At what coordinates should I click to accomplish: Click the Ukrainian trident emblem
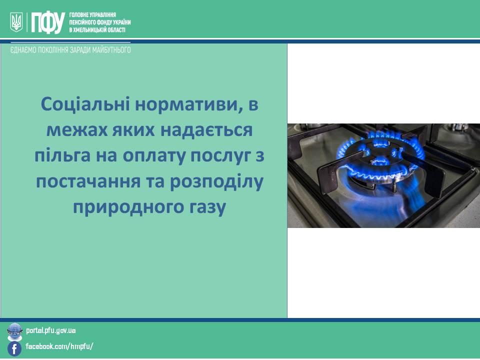(x=16, y=22)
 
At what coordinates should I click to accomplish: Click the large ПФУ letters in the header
(x=48, y=22)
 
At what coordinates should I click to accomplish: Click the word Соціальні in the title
(x=85, y=104)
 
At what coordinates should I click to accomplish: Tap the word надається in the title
(x=206, y=130)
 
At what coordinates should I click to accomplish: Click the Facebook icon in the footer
(x=14, y=349)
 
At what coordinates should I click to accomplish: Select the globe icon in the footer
(x=14, y=331)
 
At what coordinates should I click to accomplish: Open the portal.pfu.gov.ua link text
(x=51, y=330)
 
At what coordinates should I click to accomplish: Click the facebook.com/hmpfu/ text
(x=59, y=346)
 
